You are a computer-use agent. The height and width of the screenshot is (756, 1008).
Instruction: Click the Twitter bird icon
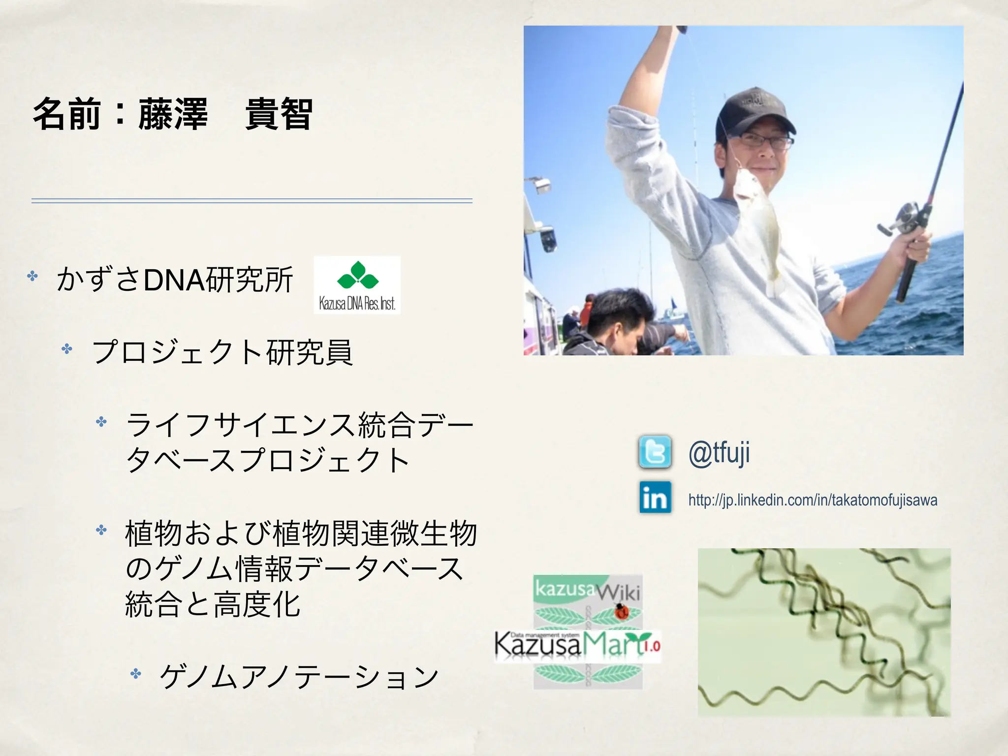point(655,451)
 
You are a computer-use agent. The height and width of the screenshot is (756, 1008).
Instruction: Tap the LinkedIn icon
point(655,498)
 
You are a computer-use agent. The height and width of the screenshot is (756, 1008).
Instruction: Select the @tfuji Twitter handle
point(719,453)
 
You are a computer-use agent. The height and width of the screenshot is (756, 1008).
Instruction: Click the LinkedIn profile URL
point(813,500)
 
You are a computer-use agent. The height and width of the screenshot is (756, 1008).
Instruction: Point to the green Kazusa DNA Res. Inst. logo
point(357,284)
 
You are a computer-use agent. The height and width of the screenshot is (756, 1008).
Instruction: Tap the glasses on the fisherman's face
point(765,141)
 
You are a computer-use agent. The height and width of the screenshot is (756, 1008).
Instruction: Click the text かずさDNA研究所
point(175,280)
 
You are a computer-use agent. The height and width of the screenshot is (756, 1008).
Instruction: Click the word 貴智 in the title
point(279,114)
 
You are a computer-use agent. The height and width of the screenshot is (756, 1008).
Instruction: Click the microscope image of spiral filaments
point(824,632)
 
